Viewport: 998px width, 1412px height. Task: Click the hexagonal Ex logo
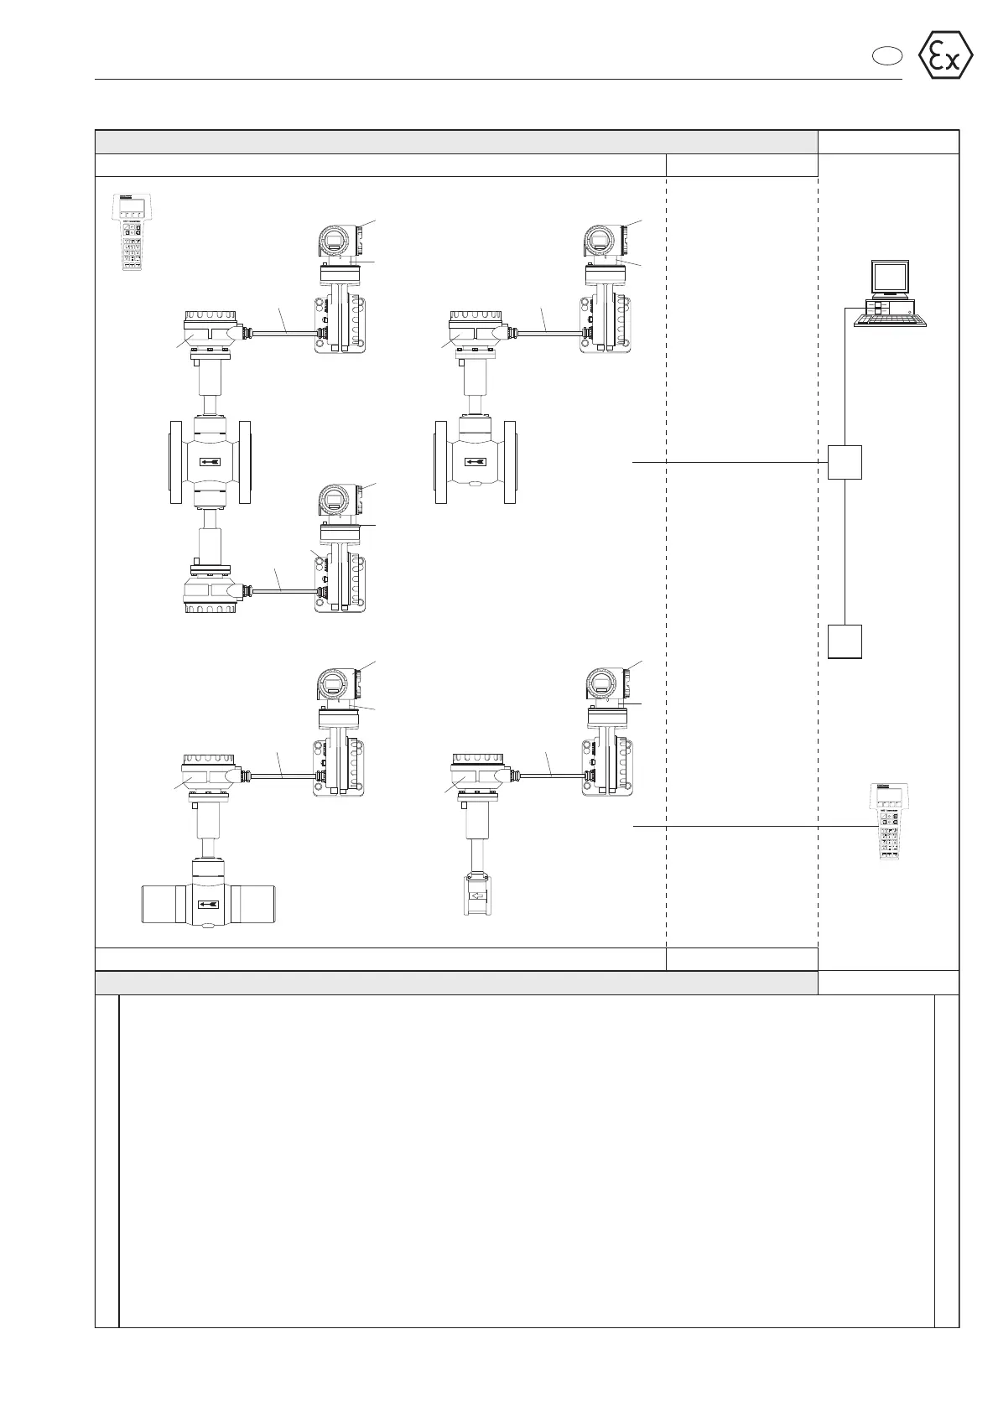(946, 55)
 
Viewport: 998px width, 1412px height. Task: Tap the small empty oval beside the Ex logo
(884, 56)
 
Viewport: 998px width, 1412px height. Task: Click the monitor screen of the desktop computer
(889, 275)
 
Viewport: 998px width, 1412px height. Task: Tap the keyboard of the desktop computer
(891, 319)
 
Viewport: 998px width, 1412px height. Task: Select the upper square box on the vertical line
(845, 462)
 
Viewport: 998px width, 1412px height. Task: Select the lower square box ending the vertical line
(845, 641)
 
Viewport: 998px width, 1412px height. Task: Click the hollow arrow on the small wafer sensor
(476, 895)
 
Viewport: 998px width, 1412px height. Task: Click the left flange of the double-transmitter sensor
(176, 462)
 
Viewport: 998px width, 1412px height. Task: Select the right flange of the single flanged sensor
(509, 462)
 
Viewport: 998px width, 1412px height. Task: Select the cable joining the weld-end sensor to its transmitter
(281, 775)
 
